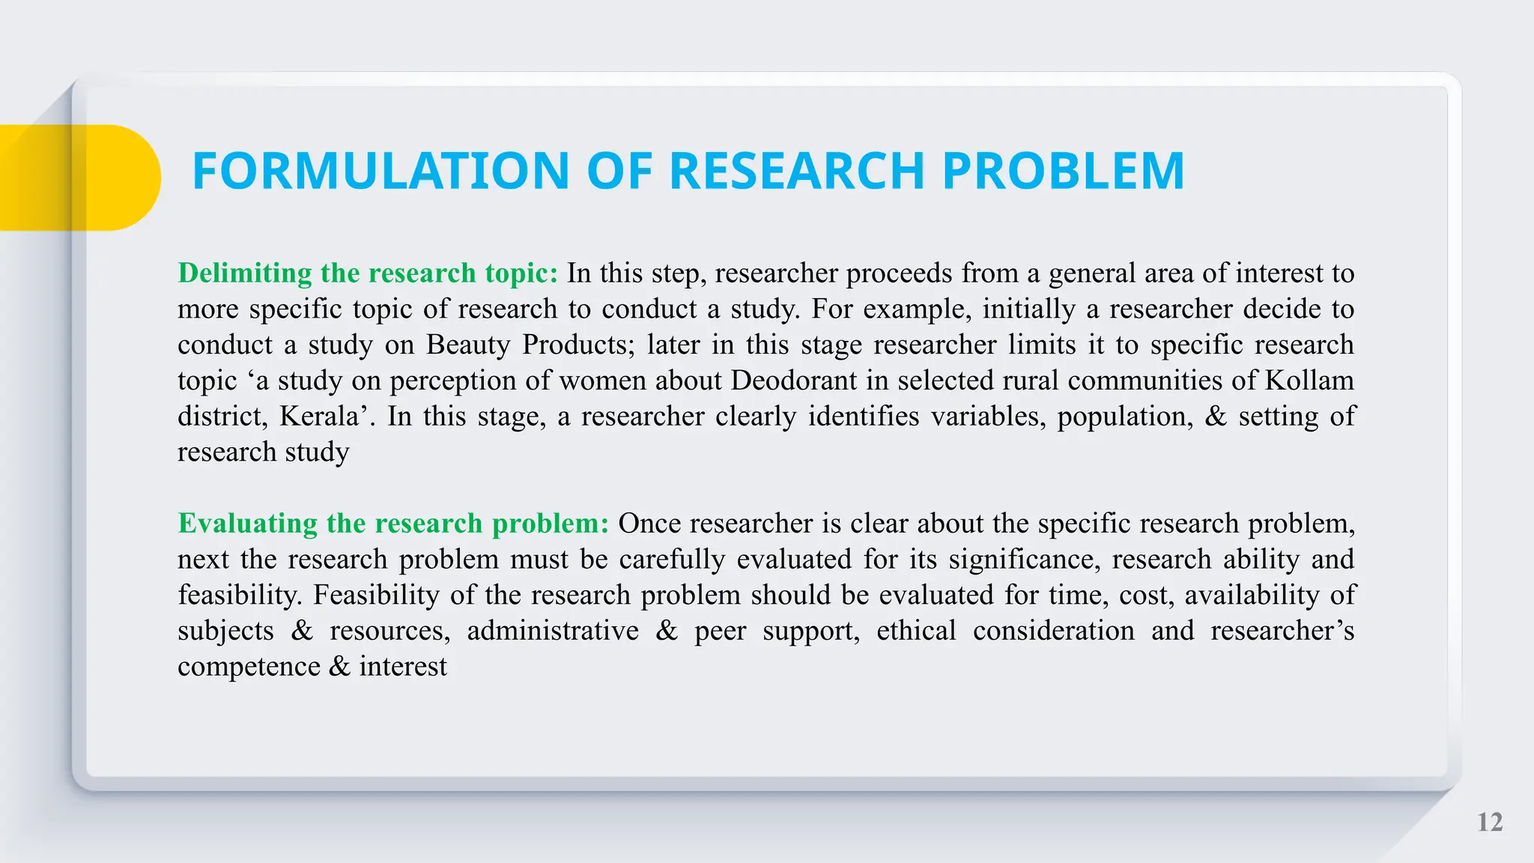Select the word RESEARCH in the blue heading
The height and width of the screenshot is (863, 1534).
pos(796,172)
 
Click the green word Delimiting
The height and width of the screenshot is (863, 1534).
pos(245,273)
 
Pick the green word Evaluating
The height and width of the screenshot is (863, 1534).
pos(248,523)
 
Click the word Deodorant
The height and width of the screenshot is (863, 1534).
pos(793,381)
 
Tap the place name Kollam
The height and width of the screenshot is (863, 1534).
pos(1309,381)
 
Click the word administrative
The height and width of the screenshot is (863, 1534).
pos(553,631)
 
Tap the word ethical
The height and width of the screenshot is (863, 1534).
pos(916,631)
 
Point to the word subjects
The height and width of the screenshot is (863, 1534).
pos(225,631)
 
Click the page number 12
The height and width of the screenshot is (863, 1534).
pos(1490,823)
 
